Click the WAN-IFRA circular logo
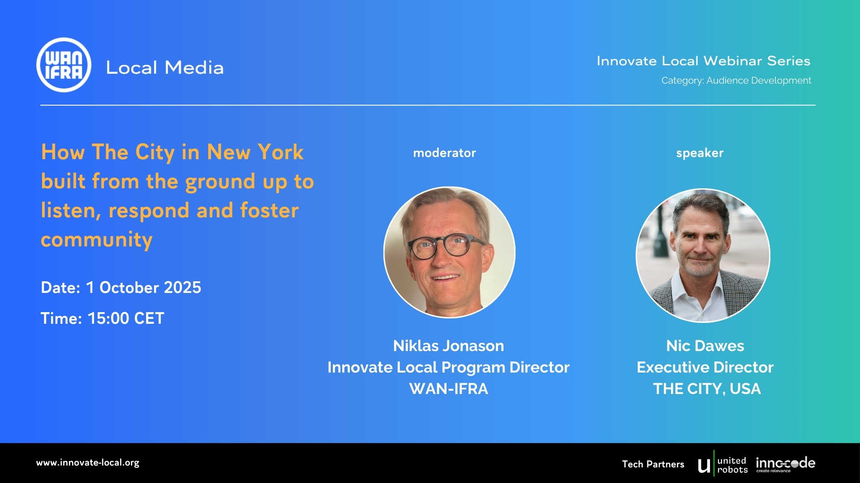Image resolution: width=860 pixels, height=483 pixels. coord(64,65)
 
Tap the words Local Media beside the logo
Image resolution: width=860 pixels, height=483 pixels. coord(164,68)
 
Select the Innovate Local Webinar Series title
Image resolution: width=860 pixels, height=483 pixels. coord(703,61)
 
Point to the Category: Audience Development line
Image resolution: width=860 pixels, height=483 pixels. coord(736,80)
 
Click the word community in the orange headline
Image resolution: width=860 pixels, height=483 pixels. coord(97,240)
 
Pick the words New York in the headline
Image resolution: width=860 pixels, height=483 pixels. coord(255,152)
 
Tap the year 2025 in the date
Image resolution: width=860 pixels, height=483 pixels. coord(182,288)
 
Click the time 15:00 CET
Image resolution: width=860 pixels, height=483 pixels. coord(126,318)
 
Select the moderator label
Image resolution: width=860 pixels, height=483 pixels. coord(444,153)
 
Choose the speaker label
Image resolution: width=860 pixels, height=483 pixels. coord(700,153)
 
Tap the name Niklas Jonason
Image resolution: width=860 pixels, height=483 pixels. coord(448,346)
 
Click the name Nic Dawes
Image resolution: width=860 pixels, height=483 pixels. coord(705,346)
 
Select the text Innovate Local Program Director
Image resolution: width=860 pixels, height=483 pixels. coord(448,367)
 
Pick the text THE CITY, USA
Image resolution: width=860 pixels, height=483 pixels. coord(707,389)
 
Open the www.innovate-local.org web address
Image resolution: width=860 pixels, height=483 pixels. coord(88,463)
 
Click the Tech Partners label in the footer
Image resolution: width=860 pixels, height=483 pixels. coord(653,464)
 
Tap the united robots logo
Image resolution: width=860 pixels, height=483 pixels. coord(722,465)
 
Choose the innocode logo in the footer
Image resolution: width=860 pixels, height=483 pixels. coord(785,464)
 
